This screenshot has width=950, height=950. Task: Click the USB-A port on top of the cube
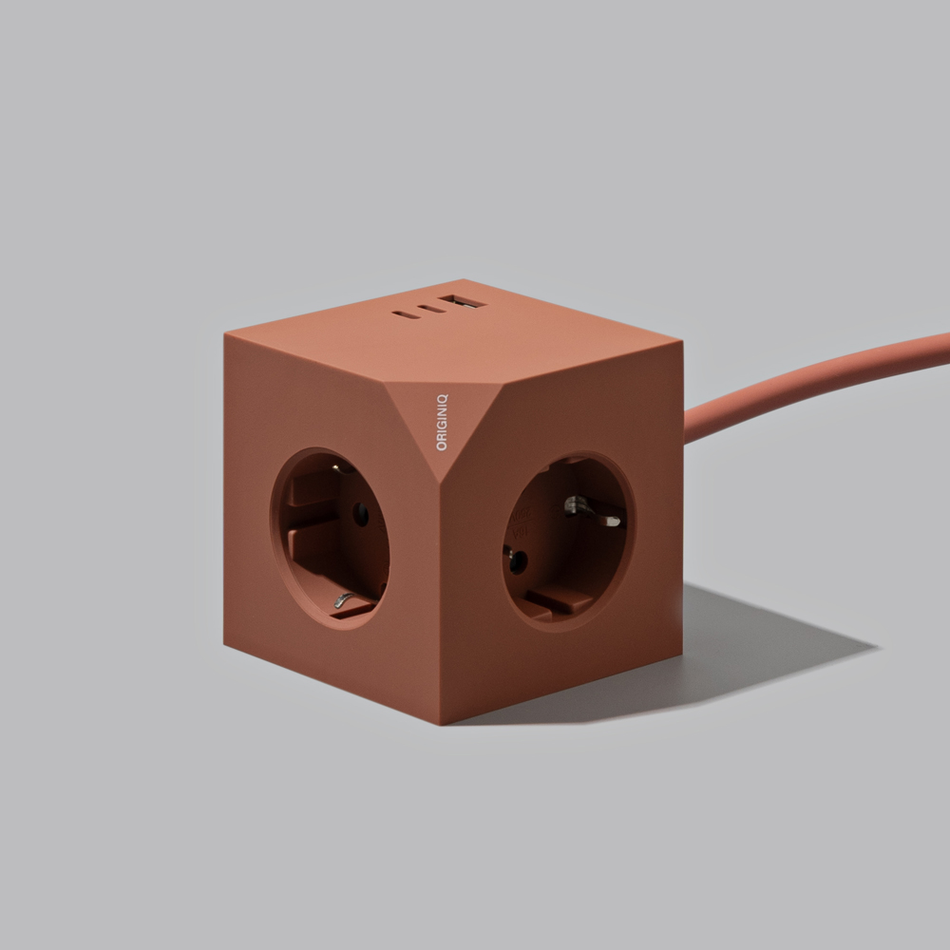[x=464, y=300]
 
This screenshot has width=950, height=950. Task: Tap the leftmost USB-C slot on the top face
[x=403, y=313]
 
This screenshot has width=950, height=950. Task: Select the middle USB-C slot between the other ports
[x=430, y=309]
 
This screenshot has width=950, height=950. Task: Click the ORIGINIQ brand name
[x=442, y=423]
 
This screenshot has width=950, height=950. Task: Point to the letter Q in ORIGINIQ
[x=442, y=399]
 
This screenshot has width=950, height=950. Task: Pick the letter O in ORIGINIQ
[x=442, y=446]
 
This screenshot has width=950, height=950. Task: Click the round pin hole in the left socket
[x=360, y=515]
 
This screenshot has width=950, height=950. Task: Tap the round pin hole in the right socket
[x=517, y=562]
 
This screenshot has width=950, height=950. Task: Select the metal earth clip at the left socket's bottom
[x=343, y=600]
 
